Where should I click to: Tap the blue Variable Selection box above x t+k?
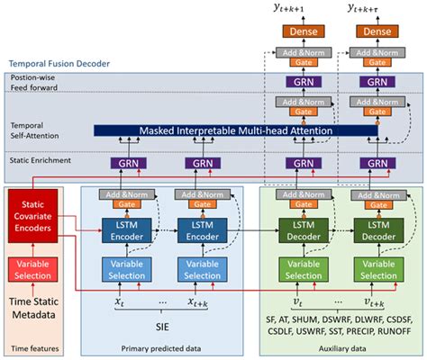(203, 269)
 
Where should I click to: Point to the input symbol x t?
(120, 303)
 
